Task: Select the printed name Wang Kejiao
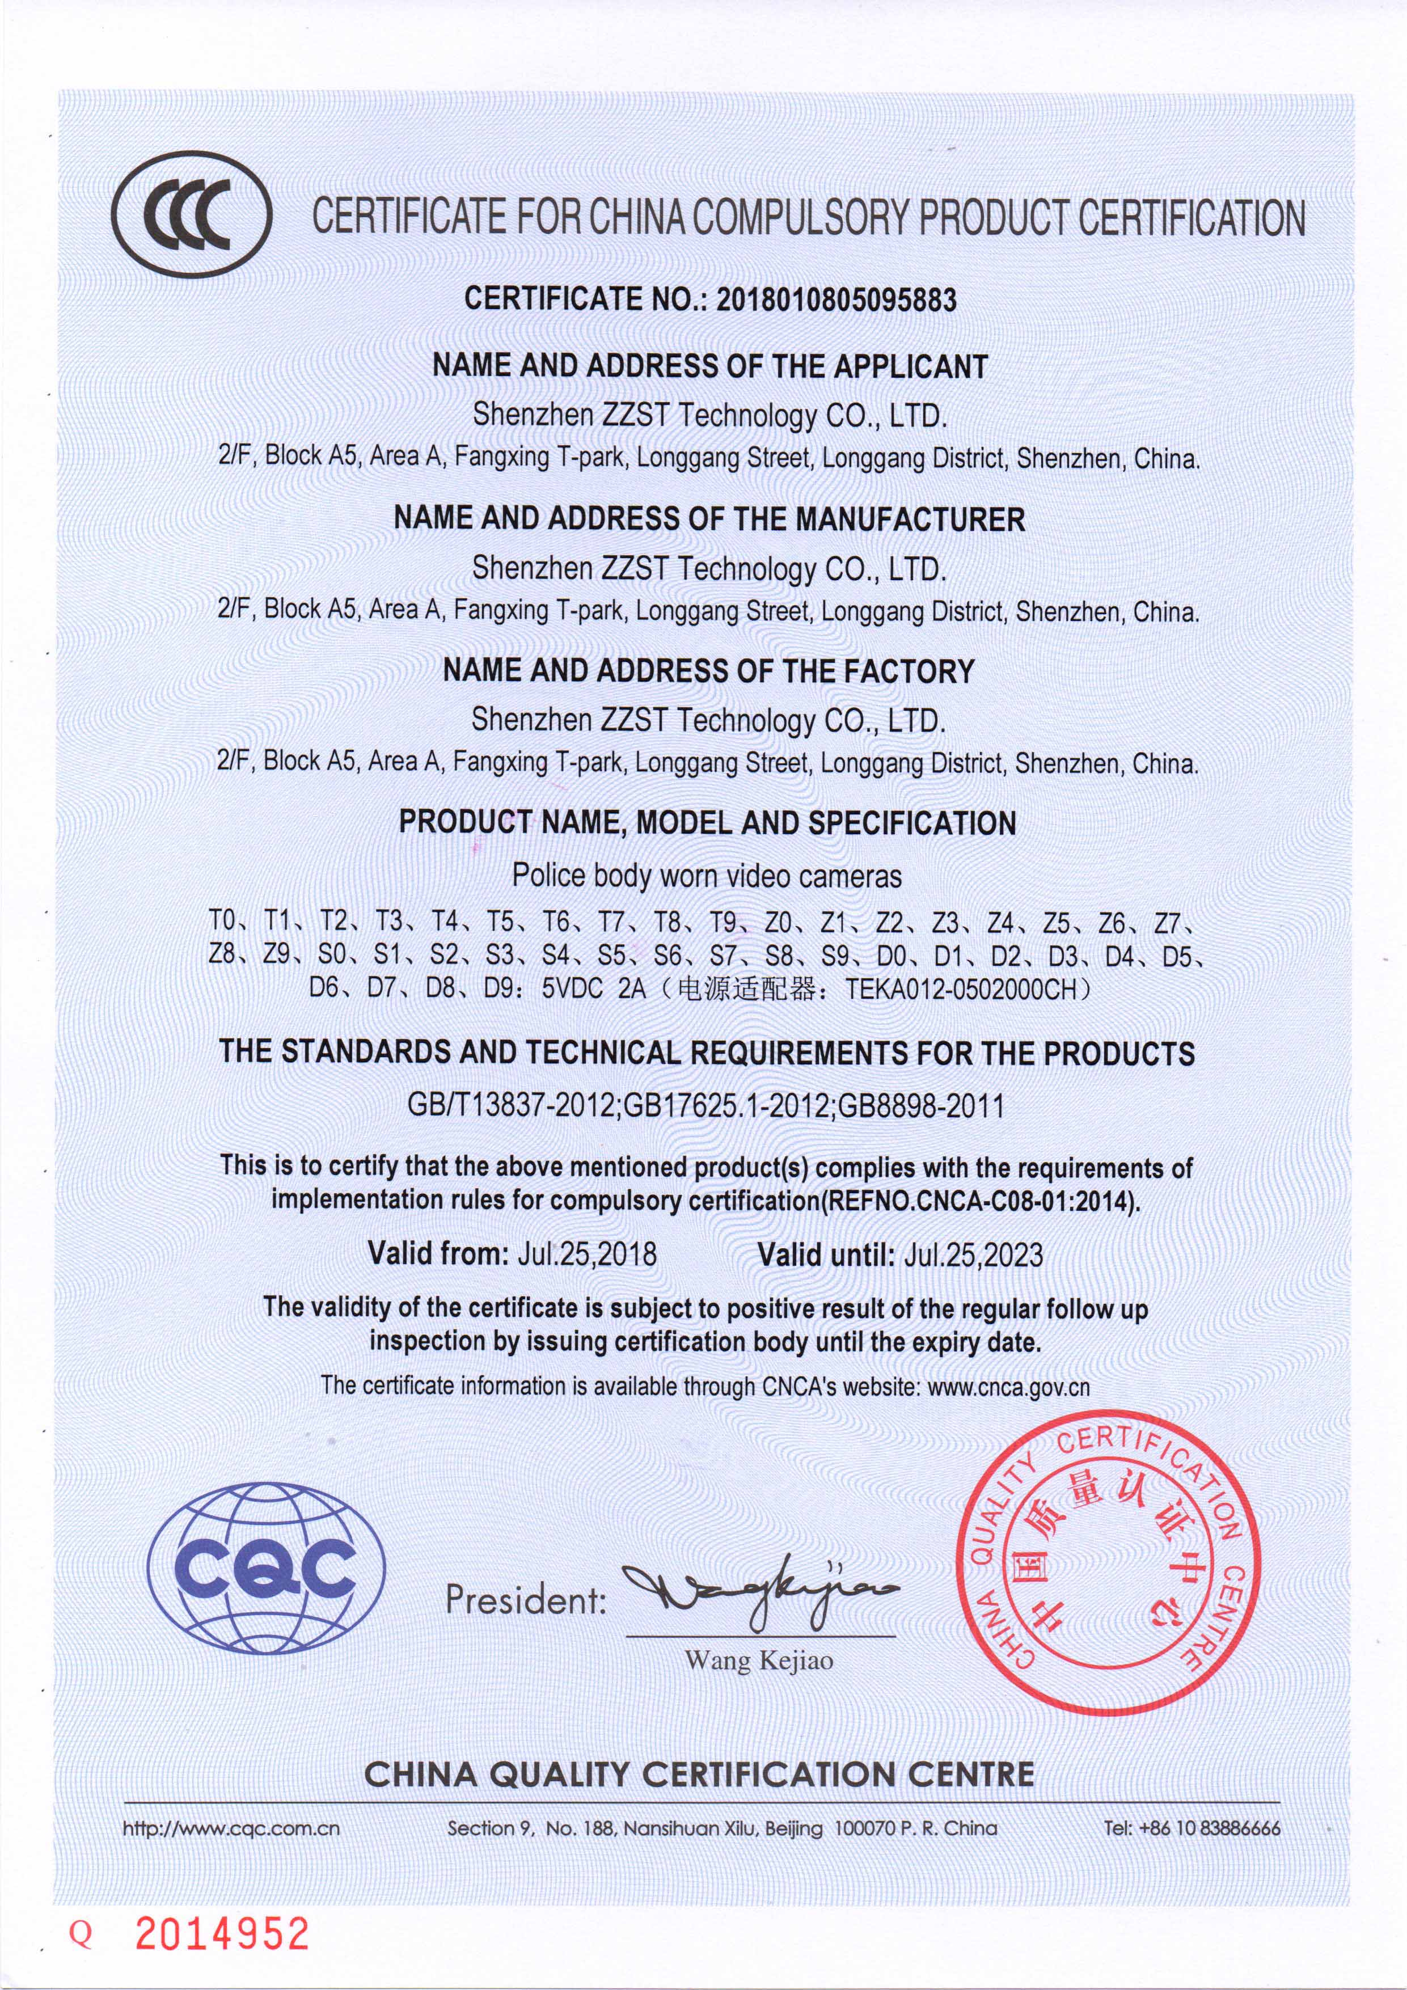[x=759, y=1661]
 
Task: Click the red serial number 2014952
[x=222, y=1934]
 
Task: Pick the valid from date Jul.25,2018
[x=587, y=1254]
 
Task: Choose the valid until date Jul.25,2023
[x=973, y=1254]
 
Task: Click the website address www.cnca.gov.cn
[x=1008, y=1387]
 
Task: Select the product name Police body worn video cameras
[x=707, y=876]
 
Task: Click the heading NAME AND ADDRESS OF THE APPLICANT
[x=709, y=366]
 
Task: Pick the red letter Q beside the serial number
[x=82, y=1936]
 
